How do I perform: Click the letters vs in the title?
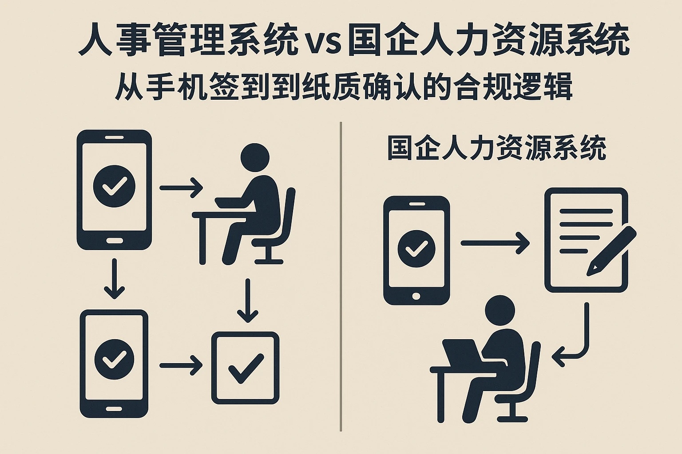click(x=323, y=44)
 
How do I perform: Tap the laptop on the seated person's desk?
click(x=462, y=354)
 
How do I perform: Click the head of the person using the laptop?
click(x=500, y=310)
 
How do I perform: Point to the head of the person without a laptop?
click(x=255, y=157)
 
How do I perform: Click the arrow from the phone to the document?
click(x=495, y=243)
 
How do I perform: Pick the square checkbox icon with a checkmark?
click(x=246, y=368)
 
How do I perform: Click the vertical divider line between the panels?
click(x=341, y=276)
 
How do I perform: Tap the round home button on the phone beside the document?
click(x=416, y=296)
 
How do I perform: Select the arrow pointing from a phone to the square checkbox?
click(x=181, y=365)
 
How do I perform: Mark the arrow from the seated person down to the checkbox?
click(x=247, y=301)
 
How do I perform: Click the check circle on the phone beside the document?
click(x=416, y=249)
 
